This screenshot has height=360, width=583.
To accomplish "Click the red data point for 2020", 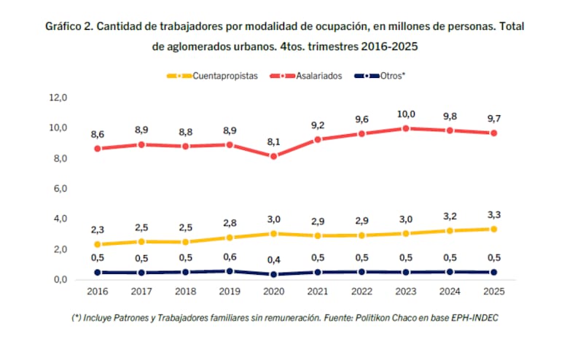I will coord(273,156).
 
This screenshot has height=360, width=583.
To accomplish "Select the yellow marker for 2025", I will coord(493,229).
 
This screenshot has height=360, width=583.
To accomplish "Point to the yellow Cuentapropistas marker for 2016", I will coord(98,244).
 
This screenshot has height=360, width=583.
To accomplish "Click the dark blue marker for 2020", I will coord(273,274).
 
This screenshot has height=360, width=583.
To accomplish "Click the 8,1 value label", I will coord(273,142).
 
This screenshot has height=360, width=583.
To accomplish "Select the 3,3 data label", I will coord(493,214).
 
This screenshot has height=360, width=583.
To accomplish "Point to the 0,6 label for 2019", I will coord(230,257).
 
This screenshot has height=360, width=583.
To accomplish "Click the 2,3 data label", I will coord(98,230).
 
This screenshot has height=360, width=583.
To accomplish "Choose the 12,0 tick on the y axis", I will coord(58,98).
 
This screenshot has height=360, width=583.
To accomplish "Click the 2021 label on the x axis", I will coord(317,291).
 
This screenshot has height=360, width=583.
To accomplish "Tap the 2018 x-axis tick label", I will coord(185,291).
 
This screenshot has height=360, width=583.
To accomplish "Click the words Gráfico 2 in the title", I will coord(69,26).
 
